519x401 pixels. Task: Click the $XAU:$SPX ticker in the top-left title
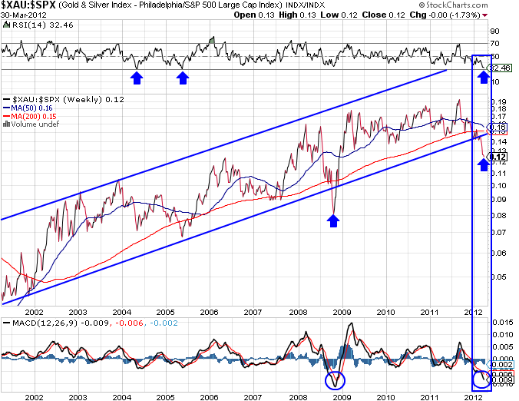pos(27,7)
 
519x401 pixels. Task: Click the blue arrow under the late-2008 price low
pos(332,220)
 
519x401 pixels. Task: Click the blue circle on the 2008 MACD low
pos(335,379)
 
